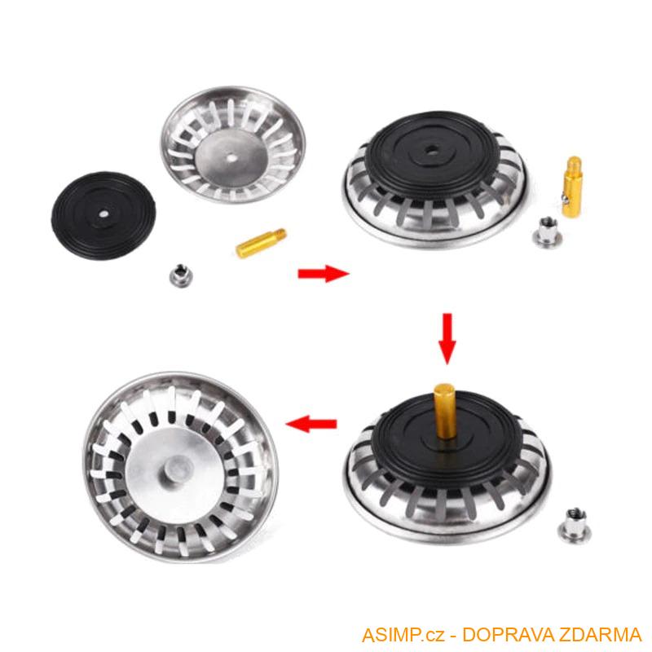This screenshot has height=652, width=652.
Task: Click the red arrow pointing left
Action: [311, 423]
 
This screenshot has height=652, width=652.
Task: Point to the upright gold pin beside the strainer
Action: [572, 186]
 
